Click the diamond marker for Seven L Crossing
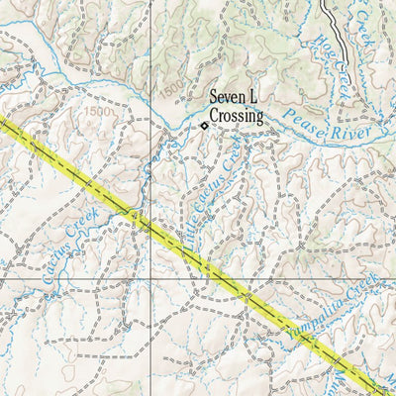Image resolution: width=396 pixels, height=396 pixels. click(x=204, y=126)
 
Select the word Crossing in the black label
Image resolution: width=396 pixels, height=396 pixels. click(x=237, y=116)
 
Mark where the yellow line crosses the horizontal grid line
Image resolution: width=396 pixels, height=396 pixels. click(x=230, y=280)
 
